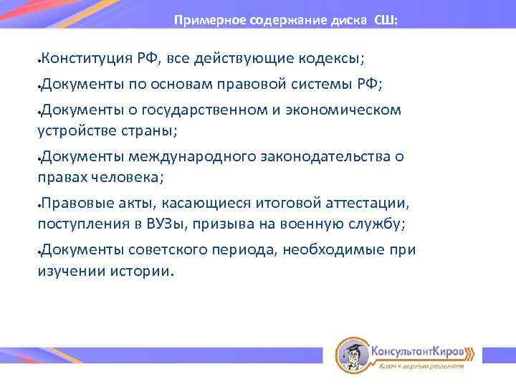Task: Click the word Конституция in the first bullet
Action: point(85,57)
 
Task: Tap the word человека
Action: point(128,176)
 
